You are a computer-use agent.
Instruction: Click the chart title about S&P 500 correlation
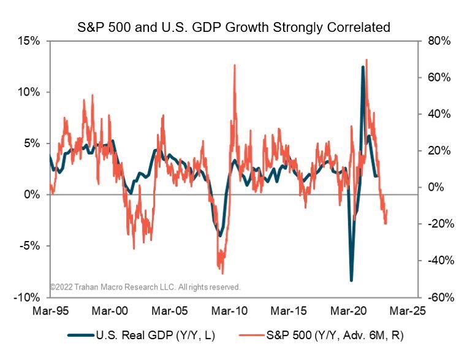[x=237, y=27]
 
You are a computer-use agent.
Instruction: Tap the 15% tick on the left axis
[x=29, y=41]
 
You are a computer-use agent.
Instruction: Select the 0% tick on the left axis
[x=32, y=194]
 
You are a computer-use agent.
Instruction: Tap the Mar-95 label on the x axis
[x=50, y=312]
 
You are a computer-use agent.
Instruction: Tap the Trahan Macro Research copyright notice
[x=145, y=286]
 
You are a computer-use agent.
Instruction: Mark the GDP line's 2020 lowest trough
[x=352, y=280]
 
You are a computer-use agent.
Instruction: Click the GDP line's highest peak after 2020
[x=363, y=67]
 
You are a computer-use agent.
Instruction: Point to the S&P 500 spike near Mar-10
[x=234, y=65]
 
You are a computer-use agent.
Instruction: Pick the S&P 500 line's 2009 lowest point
[x=222, y=274]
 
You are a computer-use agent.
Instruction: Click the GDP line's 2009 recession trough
[x=220, y=235]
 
